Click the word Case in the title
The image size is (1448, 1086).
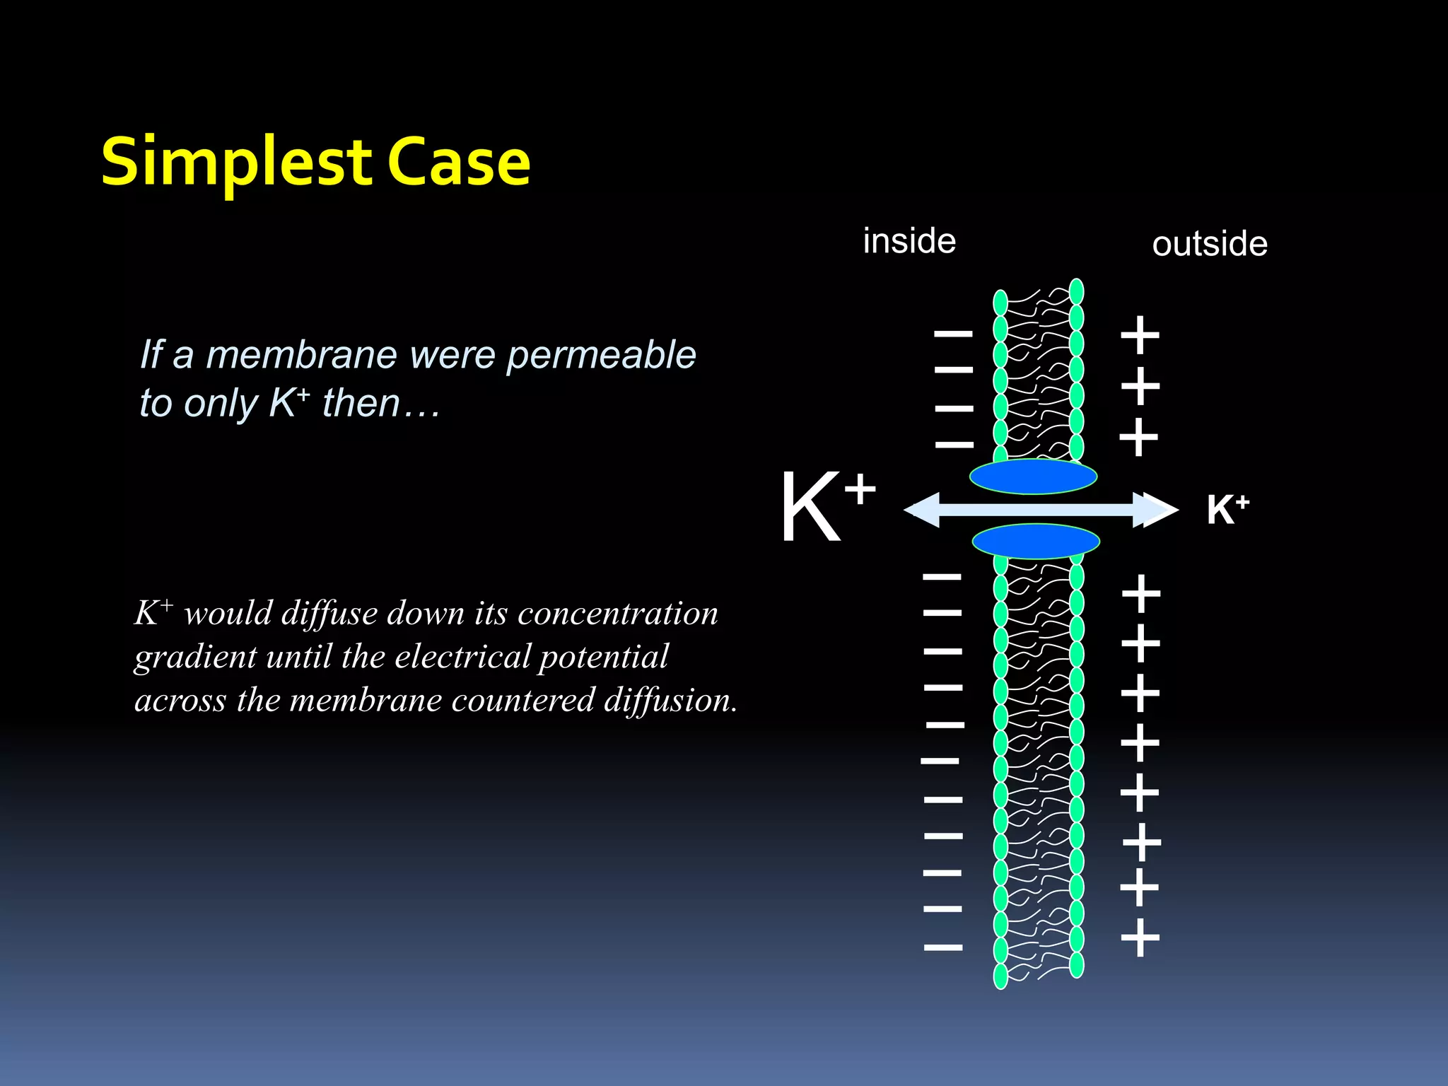click(459, 163)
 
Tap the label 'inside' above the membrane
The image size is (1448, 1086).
click(909, 241)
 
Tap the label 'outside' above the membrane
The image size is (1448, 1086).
click(1210, 244)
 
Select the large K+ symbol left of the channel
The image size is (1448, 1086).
click(826, 506)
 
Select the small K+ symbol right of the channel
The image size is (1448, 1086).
click(1227, 509)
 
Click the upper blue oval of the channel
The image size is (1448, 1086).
click(1033, 477)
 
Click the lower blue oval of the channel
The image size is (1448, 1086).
click(1036, 542)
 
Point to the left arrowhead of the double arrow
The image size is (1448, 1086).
click(923, 510)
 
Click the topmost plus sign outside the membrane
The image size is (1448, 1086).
click(1140, 334)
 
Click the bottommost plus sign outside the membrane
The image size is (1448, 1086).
click(1140, 938)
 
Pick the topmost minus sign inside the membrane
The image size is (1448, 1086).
click(954, 332)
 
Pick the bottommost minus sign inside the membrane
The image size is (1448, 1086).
click(943, 947)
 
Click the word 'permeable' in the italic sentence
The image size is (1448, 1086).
click(601, 355)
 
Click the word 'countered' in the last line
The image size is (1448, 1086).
click(524, 700)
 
